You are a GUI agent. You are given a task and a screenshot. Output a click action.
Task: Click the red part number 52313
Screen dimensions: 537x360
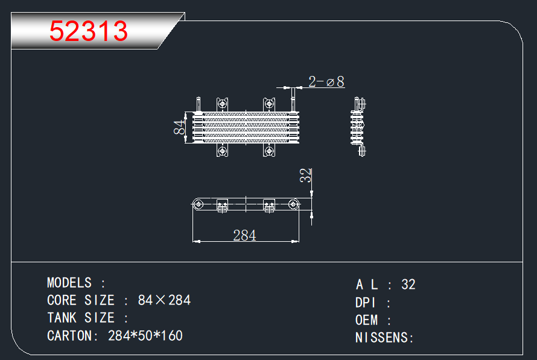(x=88, y=31)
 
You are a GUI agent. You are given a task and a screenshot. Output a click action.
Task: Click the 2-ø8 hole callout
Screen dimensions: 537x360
(x=326, y=82)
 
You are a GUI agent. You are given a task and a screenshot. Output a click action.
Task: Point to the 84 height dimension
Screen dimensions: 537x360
(x=179, y=127)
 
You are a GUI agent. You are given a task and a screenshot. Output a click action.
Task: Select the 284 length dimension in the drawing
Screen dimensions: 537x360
(x=244, y=235)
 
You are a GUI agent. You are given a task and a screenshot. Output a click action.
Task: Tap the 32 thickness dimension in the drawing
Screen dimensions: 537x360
(x=305, y=175)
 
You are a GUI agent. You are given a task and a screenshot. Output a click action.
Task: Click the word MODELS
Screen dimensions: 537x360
(x=69, y=283)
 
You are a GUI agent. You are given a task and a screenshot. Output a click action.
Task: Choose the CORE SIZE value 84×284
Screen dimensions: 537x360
(x=164, y=300)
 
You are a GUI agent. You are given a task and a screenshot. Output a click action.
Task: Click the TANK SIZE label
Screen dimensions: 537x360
(x=81, y=318)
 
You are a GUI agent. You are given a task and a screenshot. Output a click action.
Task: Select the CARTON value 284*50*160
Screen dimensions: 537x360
(x=145, y=336)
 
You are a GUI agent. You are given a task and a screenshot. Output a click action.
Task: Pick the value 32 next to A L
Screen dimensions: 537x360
(x=408, y=285)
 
